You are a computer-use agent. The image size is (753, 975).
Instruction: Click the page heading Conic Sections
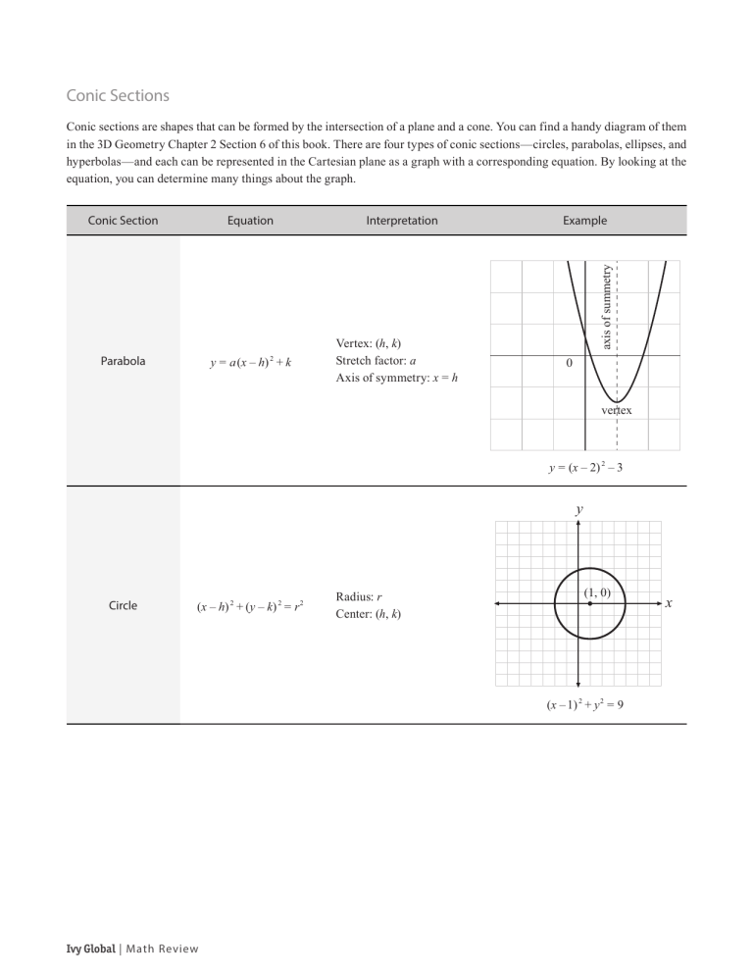pos(118,96)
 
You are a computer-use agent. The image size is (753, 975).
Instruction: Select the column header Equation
pos(250,221)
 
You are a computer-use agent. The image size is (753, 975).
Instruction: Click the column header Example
pos(584,221)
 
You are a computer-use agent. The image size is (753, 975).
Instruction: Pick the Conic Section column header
pos(123,221)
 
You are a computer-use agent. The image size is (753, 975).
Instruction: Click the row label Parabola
pos(123,361)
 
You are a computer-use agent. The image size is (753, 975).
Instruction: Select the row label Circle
pos(123,605)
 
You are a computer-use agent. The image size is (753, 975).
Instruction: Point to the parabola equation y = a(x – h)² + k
pos(250,362)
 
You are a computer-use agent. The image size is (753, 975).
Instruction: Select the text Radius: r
pos(359,596)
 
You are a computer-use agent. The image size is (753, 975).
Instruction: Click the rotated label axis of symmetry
pos(607,306)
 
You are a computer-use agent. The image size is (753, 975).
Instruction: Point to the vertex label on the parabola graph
pos(617,410)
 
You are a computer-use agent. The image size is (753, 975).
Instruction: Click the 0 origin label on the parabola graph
pos(570,364)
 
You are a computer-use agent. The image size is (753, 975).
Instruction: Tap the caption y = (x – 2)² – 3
pos(585,468)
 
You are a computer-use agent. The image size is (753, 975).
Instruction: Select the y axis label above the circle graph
pos(579,509)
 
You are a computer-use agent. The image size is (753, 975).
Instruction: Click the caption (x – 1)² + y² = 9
pos(585,702)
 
